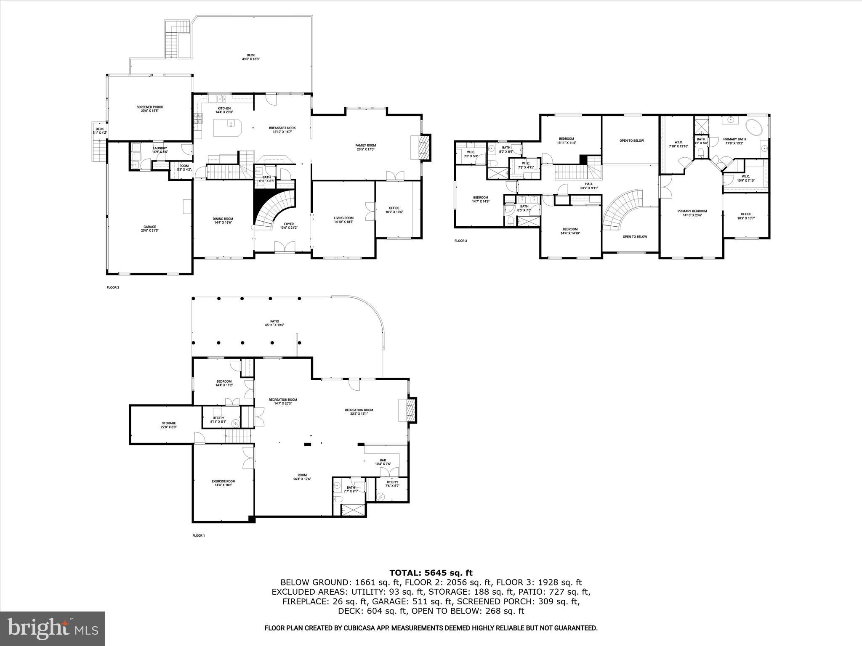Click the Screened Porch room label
point(150,107)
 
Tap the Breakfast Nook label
point(282,128)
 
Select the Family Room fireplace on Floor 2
point(425,147)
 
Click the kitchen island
point(228,127)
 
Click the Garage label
point(149,227)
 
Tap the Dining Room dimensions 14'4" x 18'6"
point(223,222)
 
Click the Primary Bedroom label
point(692,211)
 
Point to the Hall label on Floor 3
point(589,184)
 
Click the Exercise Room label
point(223,481)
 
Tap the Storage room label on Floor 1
point(168,423)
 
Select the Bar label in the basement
point(383,460)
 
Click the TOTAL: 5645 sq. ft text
point(431,572)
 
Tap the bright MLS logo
point(53,628)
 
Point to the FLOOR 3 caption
point(460,241)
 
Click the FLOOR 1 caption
point(198,536)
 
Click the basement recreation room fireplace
point(409,410)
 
